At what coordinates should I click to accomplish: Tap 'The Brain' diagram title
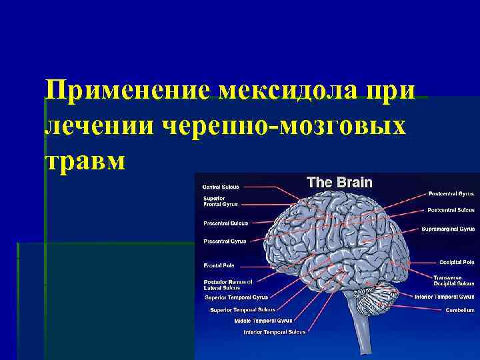pyautogui.click(x=339, y=182)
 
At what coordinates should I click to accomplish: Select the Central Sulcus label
pyautogui.click(x=221, y=187)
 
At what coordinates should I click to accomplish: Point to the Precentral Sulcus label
pyautogui.click(x=225, y=223)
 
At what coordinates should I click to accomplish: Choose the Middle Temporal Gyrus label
pyautogui.click(x=263, y=321)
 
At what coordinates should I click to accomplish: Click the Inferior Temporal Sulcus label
pyautogui.click(x=275, y=331)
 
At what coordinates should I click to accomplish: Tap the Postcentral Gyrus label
pyautogui.click(x=451, y=195)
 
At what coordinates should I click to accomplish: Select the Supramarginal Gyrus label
pyautogui.click(x=448, y=229)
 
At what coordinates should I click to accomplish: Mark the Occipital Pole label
pyautogui.click(x=457, y=262)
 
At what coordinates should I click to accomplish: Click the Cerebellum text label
pyautogui.click(x=460, y=310)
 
